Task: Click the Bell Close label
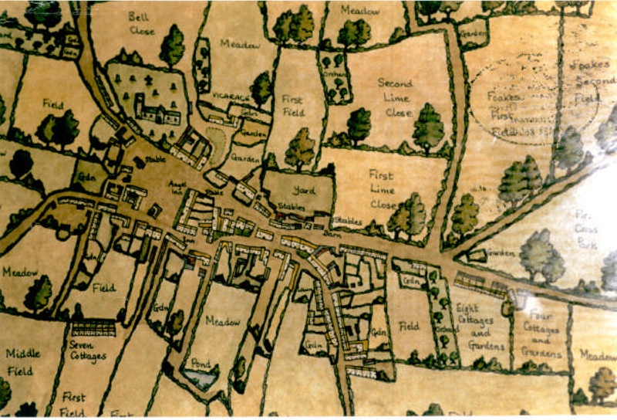(141, 24)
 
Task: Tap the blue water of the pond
(200, 378)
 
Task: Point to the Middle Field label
(23, 363)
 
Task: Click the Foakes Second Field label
(594, 81)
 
